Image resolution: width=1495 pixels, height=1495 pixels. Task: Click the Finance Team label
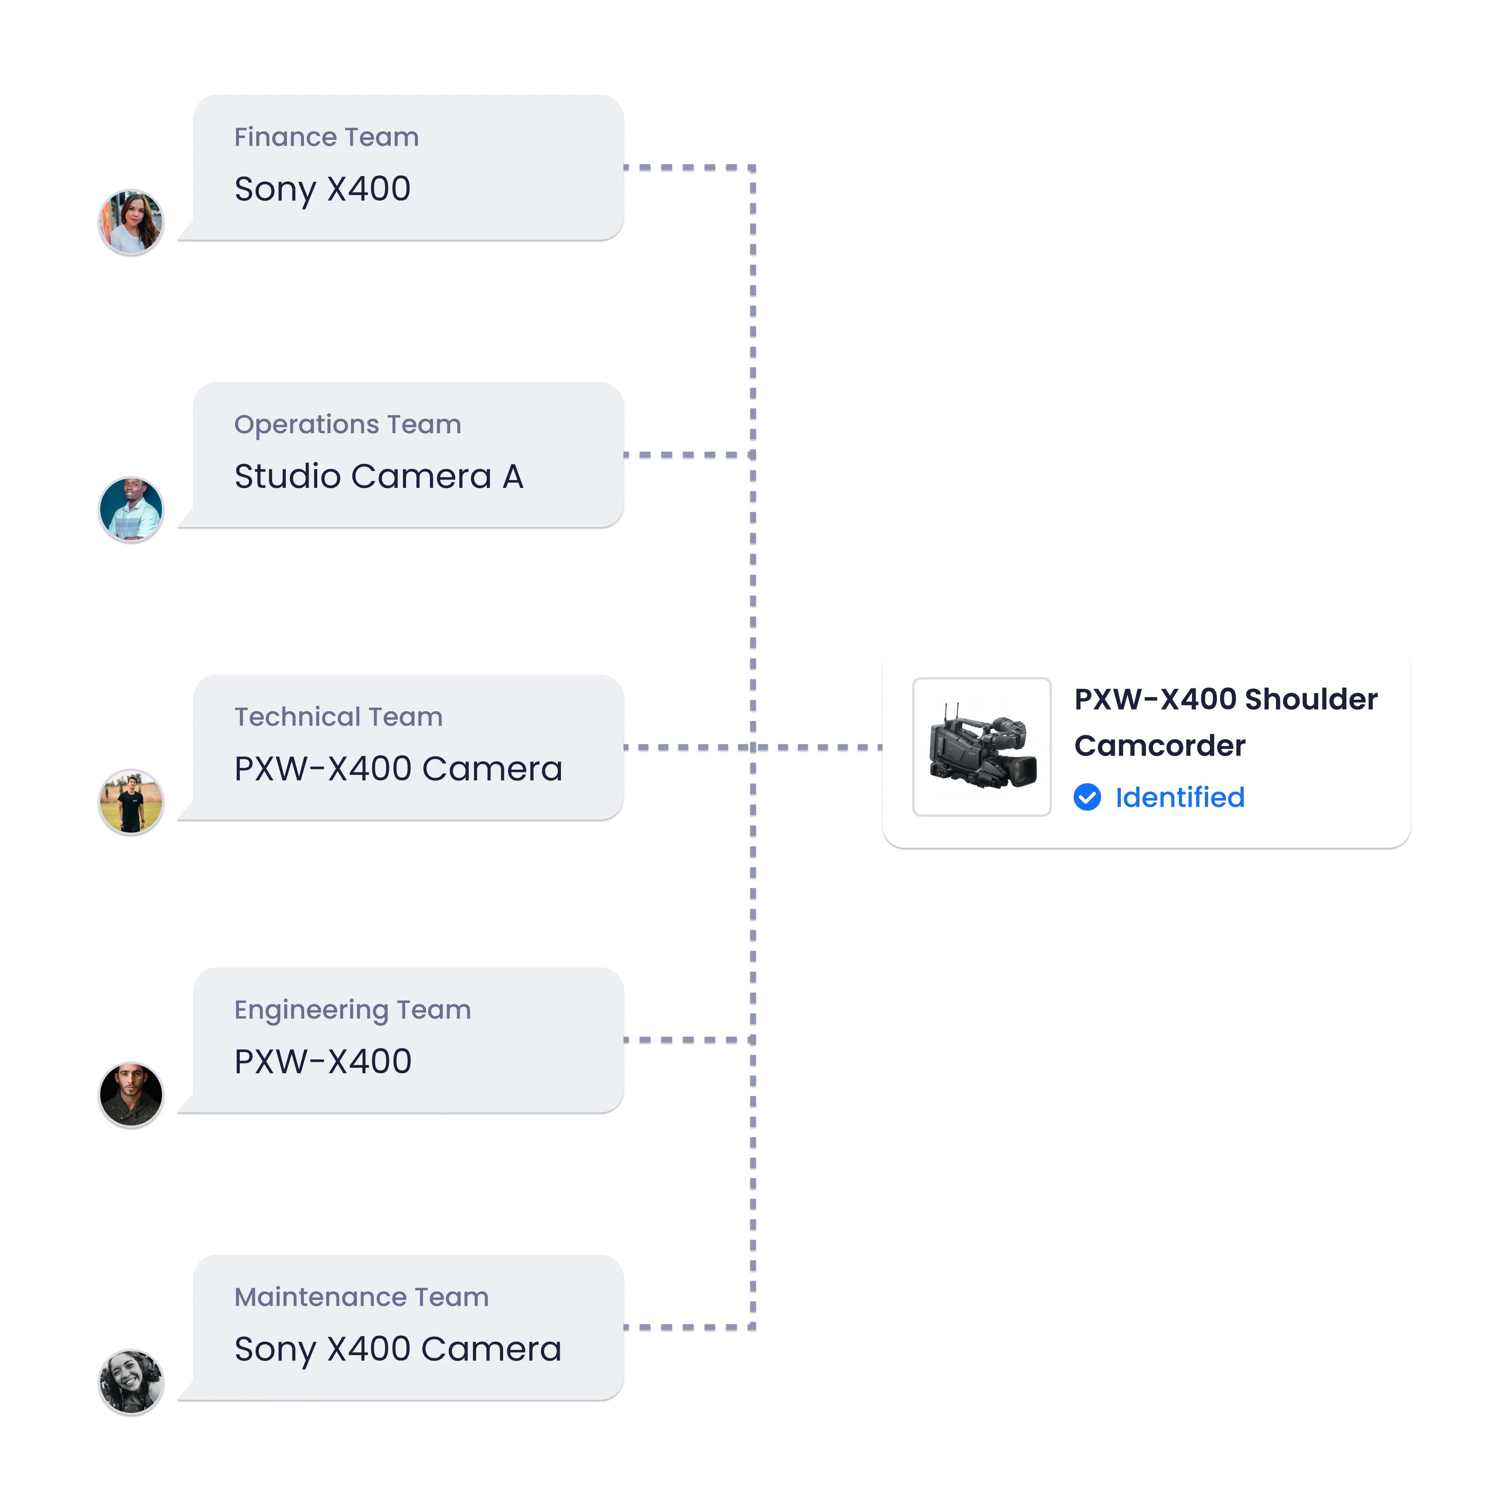click(327, 137)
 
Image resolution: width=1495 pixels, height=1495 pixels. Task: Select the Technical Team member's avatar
click(131, 802)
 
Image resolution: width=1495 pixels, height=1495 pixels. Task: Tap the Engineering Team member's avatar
click(131, 1095)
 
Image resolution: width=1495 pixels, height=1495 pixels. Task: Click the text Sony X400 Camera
click(398, 1349)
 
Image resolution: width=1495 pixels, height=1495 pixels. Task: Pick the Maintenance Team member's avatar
click(131, 1382)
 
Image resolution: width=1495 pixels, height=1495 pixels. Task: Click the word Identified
click(1179, 797)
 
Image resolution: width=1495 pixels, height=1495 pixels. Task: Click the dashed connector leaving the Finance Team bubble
click(689, 167)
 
